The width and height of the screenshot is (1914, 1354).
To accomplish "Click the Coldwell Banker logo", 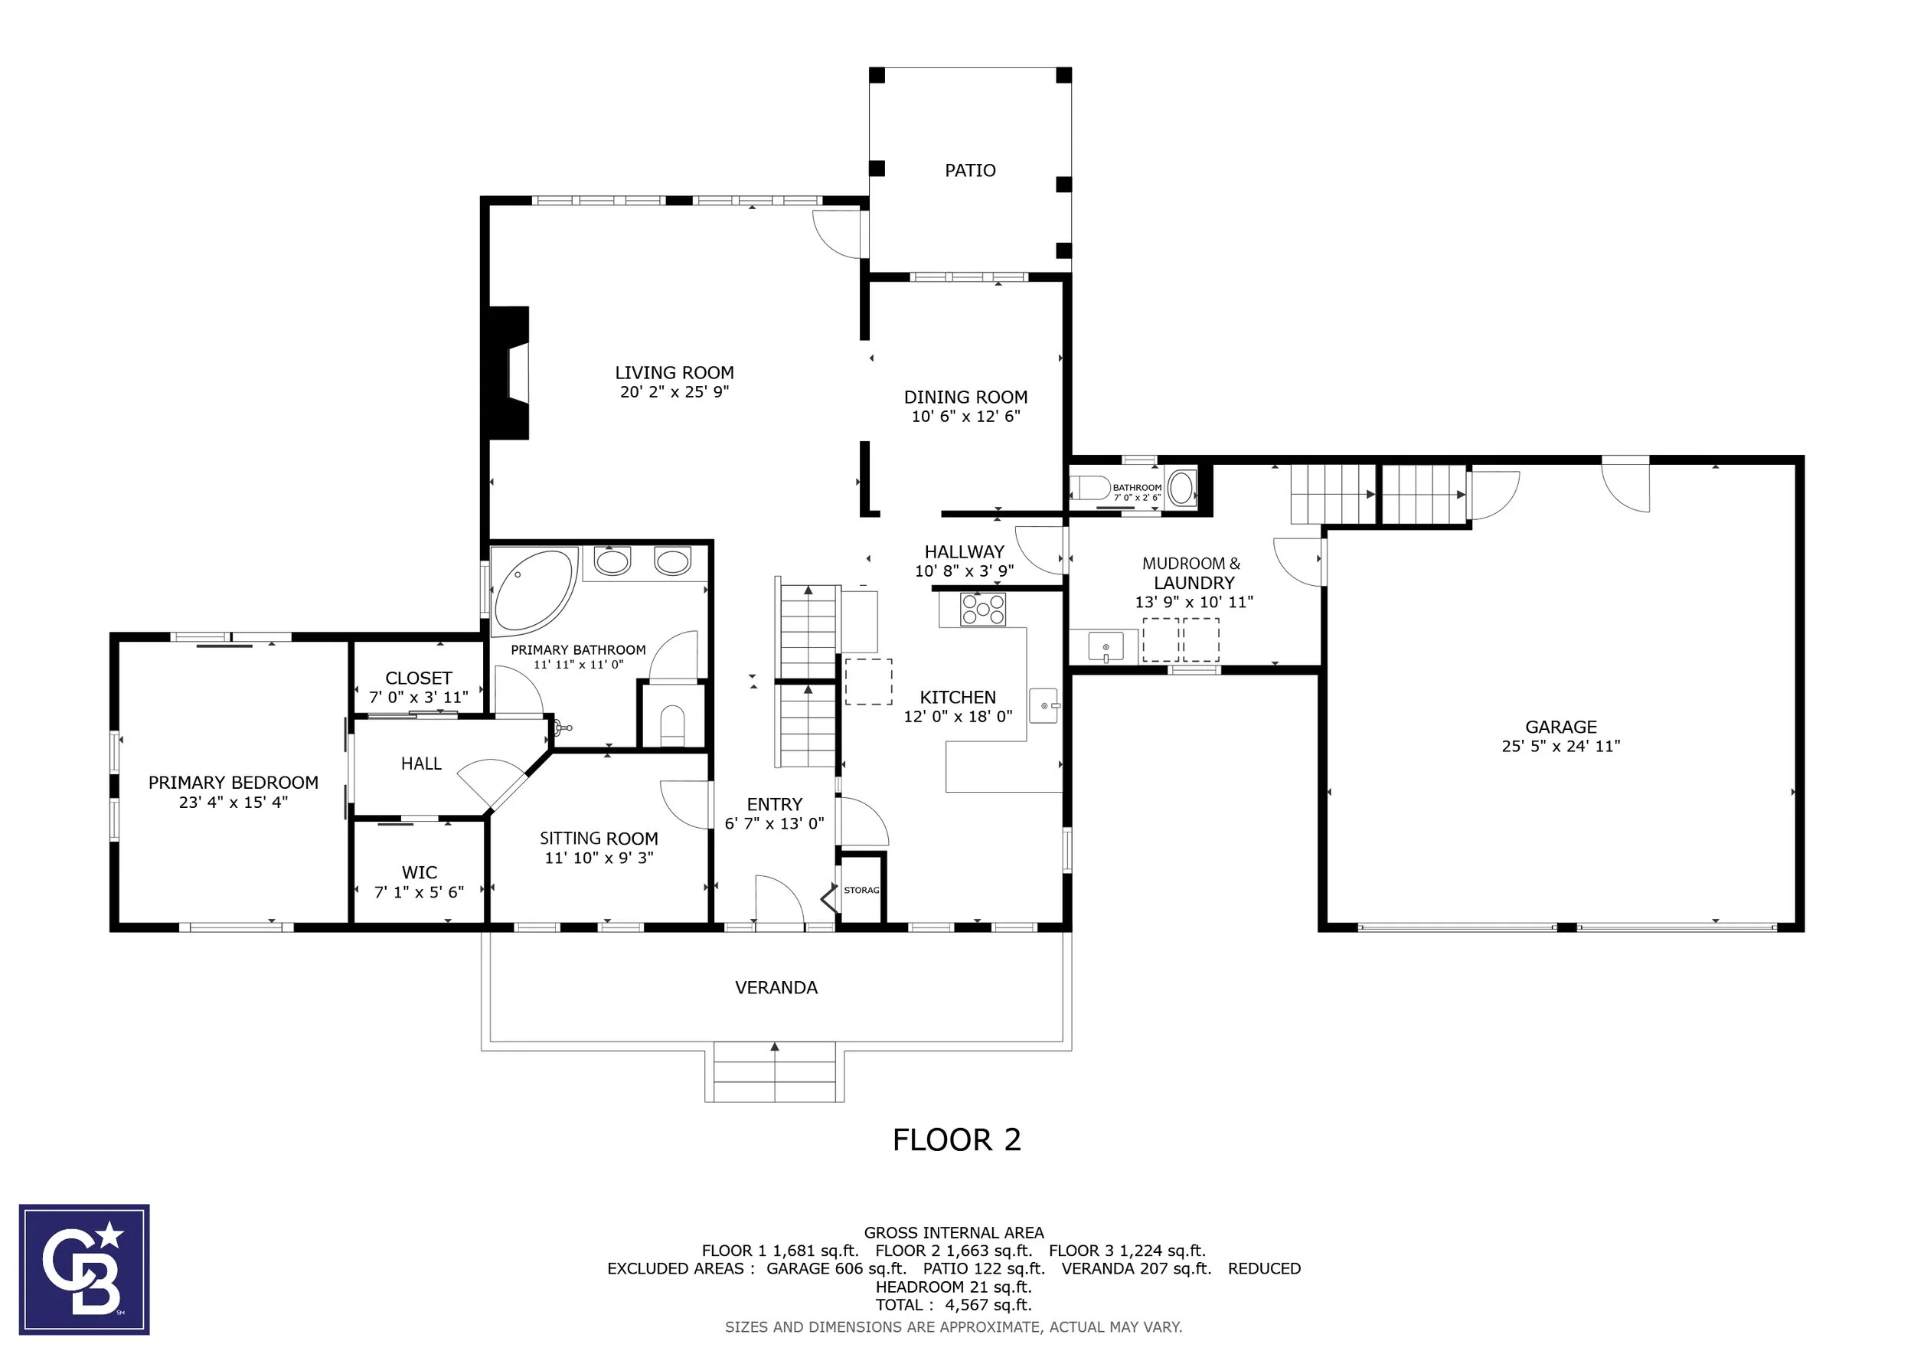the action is [x=84, y=1269].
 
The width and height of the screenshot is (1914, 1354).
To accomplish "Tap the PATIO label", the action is [x=970, y=171].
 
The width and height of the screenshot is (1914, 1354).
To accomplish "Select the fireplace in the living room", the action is [x=508, y=373].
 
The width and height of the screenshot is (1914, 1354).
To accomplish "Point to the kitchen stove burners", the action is [x=983, y=610].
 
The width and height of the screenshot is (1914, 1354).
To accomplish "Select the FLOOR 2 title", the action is [x=957, y=1140].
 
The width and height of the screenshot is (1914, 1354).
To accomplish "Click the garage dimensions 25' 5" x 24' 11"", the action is [x=1560, y=746].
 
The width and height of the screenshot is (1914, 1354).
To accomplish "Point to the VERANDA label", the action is [x=776, y=988].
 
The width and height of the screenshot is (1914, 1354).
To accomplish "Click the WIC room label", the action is [x=420, y=873].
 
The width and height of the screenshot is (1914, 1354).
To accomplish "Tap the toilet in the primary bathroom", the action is [x=672, y=725].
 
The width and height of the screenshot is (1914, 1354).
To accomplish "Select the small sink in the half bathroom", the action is [x=1181, y=488].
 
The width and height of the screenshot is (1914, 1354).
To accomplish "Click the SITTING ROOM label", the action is [x=599, y=839].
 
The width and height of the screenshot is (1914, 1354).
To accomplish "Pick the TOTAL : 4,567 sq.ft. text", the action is [x=954, y=1305].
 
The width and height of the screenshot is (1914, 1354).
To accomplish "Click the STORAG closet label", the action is [x=861, y=891].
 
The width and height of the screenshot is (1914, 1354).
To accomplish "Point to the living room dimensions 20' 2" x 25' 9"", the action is [x=674, y=392].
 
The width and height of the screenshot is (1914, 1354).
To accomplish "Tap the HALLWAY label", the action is [x=965, y=552].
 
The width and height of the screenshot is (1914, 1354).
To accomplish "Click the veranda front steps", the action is [x=775, y=1072].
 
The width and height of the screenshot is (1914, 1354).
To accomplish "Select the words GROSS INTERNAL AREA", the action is [x=954, y=1232].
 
